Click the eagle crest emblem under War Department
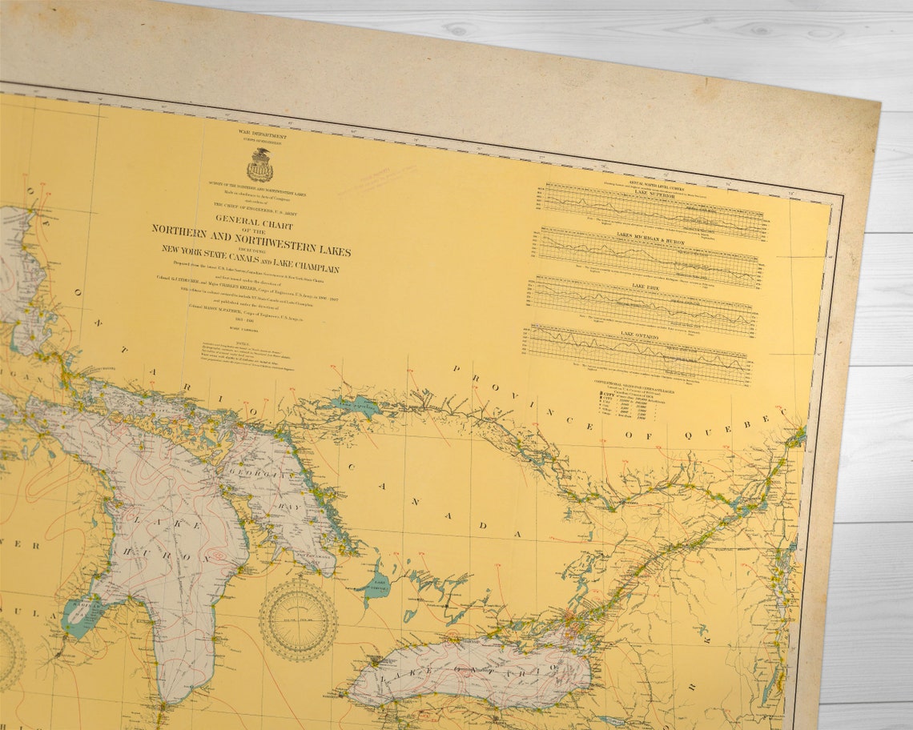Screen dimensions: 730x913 pos(259,166)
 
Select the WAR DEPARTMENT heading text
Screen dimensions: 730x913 pos(262,136)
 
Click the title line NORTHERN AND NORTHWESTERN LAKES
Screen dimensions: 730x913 pos(251,239)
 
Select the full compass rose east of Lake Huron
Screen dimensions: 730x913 pos(298,620)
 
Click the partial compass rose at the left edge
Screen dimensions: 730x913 pos(10,654)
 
